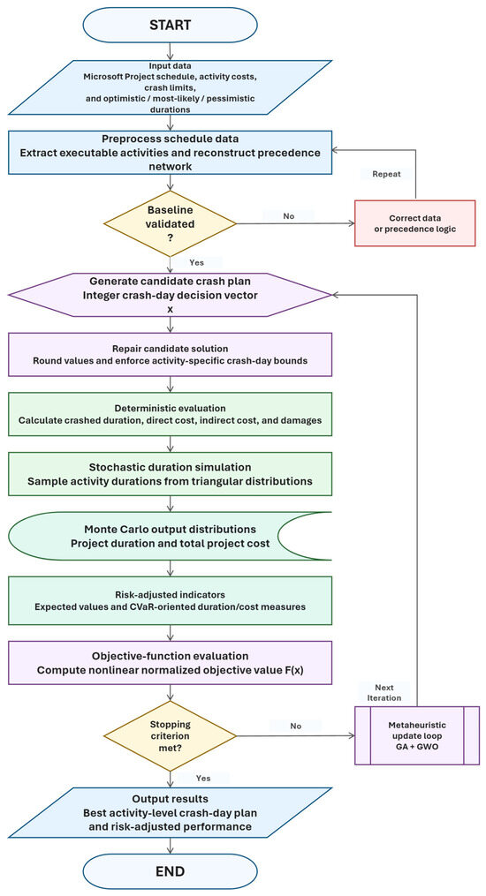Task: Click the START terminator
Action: [171, 25]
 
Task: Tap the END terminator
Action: [171, 871]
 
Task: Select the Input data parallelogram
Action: [171, 87]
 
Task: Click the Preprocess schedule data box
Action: [171, 153]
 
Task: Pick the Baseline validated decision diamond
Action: [171, 223]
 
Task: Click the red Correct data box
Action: [414, 223]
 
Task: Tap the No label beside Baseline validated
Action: [289, 216]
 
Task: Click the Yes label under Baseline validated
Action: [197, 263]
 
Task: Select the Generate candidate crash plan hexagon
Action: [171, 294]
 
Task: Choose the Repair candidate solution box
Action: [171, 354]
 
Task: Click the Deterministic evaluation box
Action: [171, 414]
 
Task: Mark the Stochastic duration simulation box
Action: [171, 474]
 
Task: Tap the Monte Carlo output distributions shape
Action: [143, 535]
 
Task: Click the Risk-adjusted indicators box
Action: [171, 600]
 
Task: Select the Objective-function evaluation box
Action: [171, 663]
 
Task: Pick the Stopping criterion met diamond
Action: [171, 734]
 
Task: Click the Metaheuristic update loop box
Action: [417, 735]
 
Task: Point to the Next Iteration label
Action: [388, 692]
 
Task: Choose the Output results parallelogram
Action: [171, 812]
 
